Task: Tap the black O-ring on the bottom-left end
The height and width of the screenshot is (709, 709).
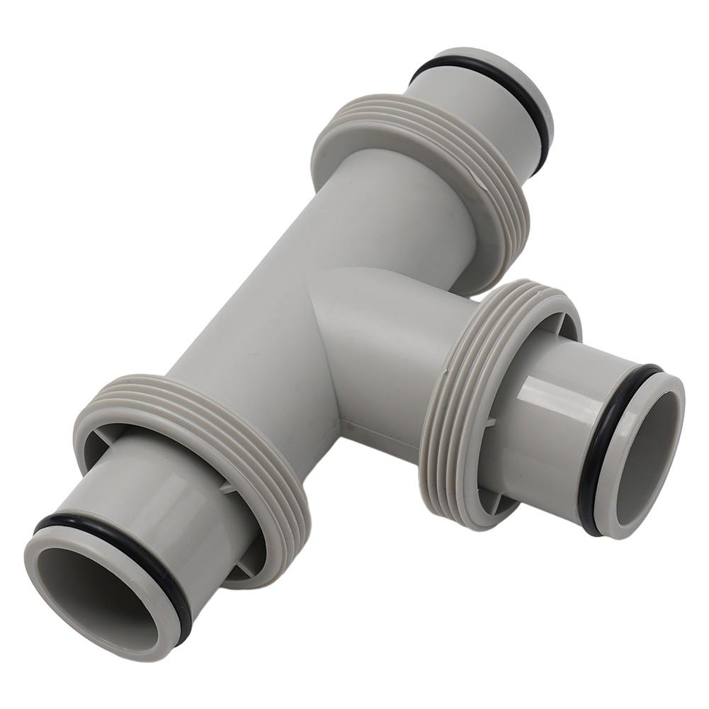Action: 113,538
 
